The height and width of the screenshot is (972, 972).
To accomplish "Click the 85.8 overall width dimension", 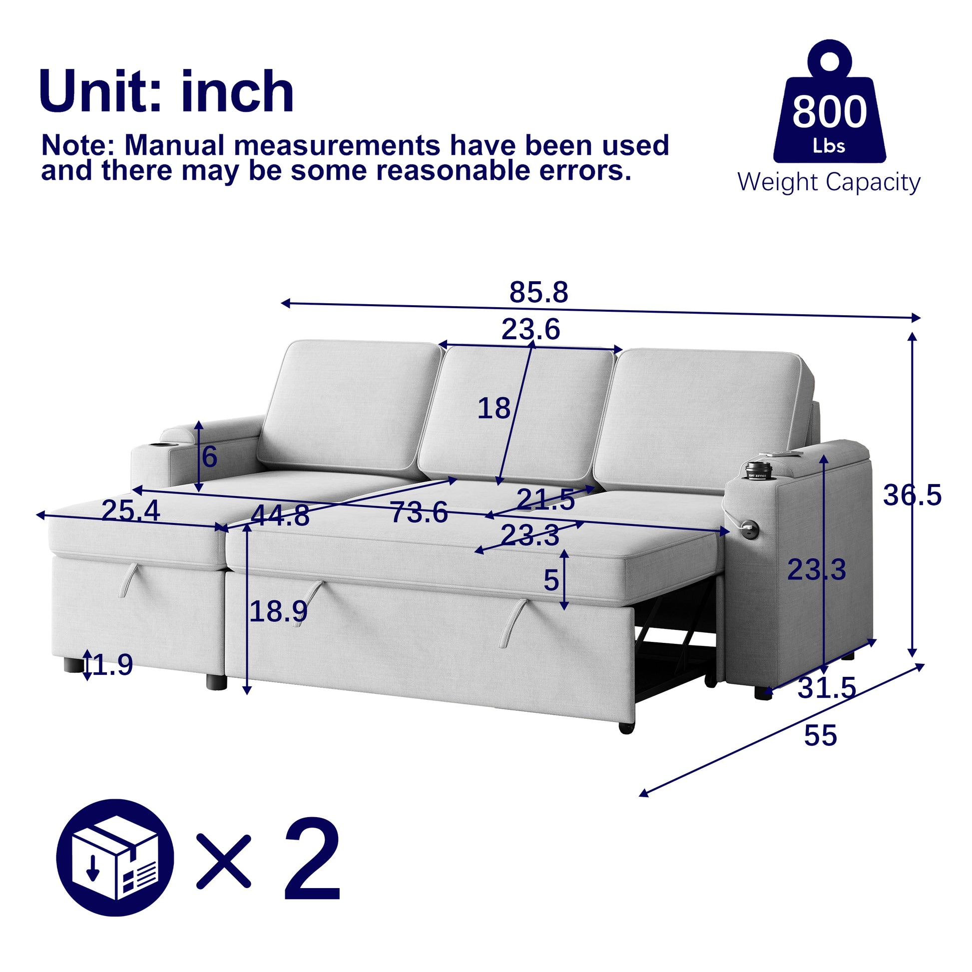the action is click(x=538, y=292).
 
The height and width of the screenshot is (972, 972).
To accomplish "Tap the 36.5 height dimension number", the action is click(x=912, y=495).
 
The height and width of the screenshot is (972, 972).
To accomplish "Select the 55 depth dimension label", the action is click(x=820, y=736).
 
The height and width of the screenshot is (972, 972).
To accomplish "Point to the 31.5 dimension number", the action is click(x=827, y=688).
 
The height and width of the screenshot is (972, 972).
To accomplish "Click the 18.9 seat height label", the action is click(x=278, y=611).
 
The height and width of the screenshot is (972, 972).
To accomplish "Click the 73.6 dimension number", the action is click(x=419, y=512).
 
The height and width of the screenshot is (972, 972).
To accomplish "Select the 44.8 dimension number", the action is click(x=280, y=515).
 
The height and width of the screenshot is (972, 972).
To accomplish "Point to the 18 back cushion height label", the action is click(x=493, y=408).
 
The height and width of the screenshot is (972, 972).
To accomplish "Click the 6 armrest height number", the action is click(x=210, y=458).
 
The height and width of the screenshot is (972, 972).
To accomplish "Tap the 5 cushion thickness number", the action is click(x=551, y=580).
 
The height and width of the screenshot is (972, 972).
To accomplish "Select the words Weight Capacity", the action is click(x=829, y=182).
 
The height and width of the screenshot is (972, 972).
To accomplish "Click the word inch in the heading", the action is click(x=237, y=91).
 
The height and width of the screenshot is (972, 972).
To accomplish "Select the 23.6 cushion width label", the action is click(x=531, y=330).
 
